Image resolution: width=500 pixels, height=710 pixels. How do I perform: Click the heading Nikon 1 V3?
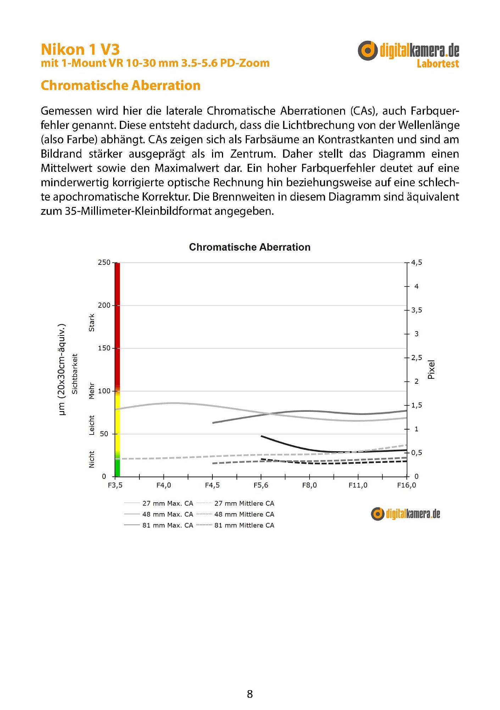(x=80, y=49)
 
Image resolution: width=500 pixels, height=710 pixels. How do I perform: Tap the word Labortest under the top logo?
(x=438, y=64)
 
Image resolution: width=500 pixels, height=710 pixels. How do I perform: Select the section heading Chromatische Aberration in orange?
(x=121, y=86)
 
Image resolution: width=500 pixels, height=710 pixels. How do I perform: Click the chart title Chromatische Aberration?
(x=250, y=247)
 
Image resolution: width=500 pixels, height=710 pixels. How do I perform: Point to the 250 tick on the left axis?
(x=104, y=263)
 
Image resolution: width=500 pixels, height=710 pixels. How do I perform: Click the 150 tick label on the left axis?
(x=104, y=348)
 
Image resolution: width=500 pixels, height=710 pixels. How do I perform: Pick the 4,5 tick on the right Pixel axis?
(x=417, y=263)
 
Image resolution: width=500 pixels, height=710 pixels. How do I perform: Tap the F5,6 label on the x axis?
(x=261, y=485)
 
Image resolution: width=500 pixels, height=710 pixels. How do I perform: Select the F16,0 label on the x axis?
(x=406, y=485)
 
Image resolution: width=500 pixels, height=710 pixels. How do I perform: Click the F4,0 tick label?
(x=163, y=485)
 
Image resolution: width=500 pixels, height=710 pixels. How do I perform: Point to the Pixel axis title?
(x=431, y=370)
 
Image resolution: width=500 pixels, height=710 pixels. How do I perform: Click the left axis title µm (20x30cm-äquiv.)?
(x=62, y=370)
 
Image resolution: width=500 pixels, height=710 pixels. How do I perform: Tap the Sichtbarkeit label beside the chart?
(x=74, y=374)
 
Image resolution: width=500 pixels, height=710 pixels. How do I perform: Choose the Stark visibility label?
(x=92, y=323)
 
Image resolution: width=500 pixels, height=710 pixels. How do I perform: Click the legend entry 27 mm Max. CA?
(x=167, y=503)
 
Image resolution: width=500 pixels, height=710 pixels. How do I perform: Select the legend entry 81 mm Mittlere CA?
(x=244, y=525)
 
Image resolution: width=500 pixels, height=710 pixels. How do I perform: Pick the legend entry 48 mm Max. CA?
(x=167, y=514)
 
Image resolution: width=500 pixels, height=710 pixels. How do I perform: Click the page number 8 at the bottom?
(x=250, y=694)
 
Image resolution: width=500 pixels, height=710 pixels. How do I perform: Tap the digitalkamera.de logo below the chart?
(x=405, y=514)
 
